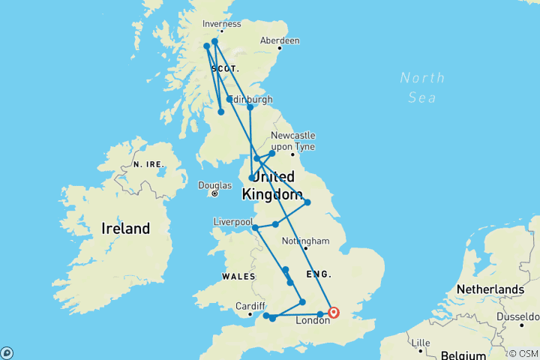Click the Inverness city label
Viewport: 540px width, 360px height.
tap(221, 23)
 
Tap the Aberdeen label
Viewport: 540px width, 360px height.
tap(279, 40)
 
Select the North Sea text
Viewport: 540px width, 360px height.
tap(422, 87)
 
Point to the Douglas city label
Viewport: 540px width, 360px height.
tap(214, 184)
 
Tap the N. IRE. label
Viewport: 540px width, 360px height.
tap(147, 163)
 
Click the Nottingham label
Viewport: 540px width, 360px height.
tap(306, 241)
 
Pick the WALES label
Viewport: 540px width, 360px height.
tap(238, 277)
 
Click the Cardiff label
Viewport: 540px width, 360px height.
tap(249, 306)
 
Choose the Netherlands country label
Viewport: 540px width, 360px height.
tap(493, 289)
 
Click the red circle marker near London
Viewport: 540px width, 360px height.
tap(334, 313)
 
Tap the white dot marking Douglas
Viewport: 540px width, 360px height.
tap(214, 193)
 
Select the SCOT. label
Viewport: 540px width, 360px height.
tap(225, 68)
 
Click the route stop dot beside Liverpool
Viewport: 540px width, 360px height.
tap(255, 227)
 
